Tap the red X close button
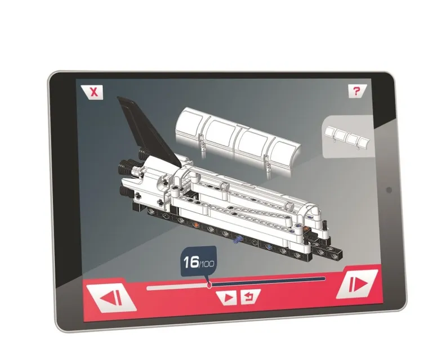pyautogui.click(x=92, y=92)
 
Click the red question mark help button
pyautogui.click(x=356, y=91)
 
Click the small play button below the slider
pyautogui.click(x=227, y=298)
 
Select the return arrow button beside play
pyautogui.click(x=249, y=297)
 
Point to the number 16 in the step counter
pyautogui.click(x=191, y=262)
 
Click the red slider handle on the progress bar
pyautogui.click(x=209, y=285)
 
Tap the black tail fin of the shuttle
pyautogui.click(x=149, y=131)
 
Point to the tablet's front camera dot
pyautogui.click(x=389, y=190)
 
